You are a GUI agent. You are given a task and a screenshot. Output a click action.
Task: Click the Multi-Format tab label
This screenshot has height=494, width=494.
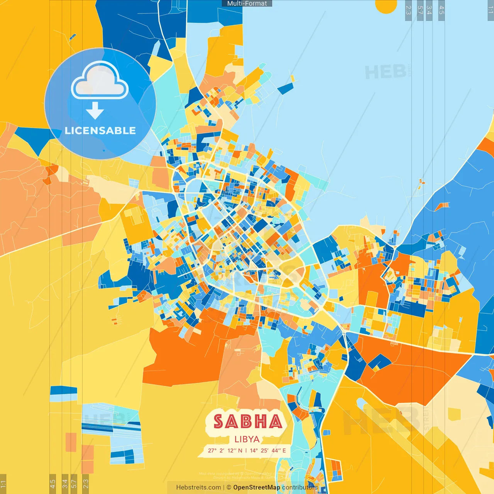[x=247, y=3]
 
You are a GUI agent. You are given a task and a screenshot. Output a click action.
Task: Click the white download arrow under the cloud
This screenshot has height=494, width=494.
[x=95, y=111]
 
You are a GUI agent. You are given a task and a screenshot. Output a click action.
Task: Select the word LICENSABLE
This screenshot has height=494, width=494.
[x=100, y=130]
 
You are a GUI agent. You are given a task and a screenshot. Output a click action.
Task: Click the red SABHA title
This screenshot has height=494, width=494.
[x=248, y=421]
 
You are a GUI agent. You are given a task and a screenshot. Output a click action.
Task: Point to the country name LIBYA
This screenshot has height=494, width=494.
[x=247, y=439]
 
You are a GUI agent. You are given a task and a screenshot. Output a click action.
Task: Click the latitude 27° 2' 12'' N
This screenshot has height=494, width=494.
[x=225, y=450]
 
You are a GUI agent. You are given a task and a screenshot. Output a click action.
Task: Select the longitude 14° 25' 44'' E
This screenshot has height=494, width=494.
[x=268, y=450]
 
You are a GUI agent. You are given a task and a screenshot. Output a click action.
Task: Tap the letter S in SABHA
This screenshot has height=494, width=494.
[x=219, y=421]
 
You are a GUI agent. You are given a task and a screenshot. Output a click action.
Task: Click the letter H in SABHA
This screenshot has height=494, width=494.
[x=261, y=421]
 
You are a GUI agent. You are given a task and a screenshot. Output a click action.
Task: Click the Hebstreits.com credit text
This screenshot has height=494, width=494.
[x=198, y=487]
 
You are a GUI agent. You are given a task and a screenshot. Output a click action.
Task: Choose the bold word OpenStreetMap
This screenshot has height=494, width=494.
[x=257, y=487]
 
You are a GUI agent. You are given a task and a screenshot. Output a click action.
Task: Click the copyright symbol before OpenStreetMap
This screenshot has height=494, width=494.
[x=229, y=487]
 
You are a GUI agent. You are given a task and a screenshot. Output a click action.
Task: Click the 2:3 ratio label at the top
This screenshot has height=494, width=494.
[x=408, y=10]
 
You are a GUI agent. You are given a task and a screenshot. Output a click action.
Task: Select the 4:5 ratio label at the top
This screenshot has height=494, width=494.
[x=442, y=10]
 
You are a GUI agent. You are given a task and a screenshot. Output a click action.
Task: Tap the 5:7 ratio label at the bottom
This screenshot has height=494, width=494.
[x=74, y=483]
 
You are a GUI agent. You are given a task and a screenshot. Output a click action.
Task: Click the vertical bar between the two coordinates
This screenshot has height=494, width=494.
[x=246, y=450]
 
